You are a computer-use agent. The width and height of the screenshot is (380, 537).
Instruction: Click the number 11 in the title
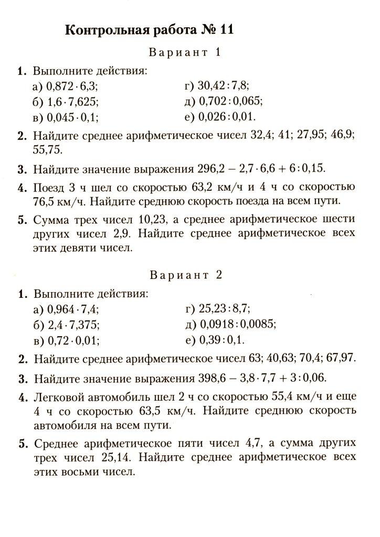(x=223, y=30)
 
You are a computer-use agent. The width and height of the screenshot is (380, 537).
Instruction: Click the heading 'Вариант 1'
(x=186, y=52)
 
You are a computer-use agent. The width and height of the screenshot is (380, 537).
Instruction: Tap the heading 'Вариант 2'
(x=186, y=275)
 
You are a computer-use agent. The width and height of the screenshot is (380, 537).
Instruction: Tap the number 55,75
(x=47, y=149)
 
